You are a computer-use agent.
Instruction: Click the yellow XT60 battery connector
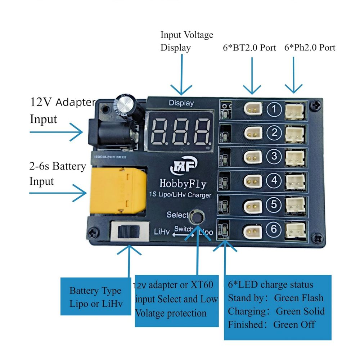click(x=118, y=191)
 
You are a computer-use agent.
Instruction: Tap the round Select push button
click(x=197, y=217)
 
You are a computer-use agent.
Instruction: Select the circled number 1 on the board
click(x=275, y=109)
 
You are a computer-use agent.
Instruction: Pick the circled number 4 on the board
click(x=275, y=180)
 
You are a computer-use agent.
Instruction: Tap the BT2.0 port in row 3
click(x=252, y=157)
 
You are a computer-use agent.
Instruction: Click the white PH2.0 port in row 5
click(x=295, y=206)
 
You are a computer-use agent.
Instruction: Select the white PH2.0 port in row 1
click(x=295, y=108)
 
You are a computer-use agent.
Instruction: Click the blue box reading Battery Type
click(x=95, y=296)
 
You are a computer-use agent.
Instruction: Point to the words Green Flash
click(x=298, y=298)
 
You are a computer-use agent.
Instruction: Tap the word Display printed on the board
click(x=181, y=103)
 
